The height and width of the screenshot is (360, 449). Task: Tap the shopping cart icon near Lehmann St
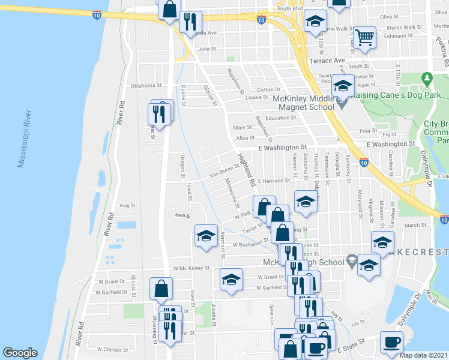364,37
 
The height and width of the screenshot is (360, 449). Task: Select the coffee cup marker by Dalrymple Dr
391,343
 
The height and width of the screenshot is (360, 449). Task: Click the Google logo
20,353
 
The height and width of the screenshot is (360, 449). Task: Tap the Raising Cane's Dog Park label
396,95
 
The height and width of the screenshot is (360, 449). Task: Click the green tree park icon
427,79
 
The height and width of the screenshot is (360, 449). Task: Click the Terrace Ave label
327,61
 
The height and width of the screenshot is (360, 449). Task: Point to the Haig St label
127,205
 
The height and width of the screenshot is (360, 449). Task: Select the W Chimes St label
112,349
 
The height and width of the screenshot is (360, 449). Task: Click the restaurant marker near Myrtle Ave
190,23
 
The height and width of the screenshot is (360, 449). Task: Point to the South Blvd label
291,8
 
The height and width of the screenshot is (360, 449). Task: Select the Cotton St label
265,89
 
